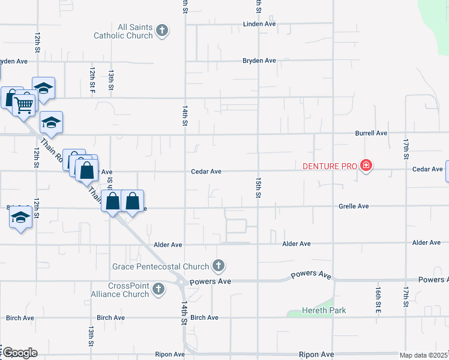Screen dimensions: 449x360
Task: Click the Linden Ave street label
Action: (x=259, y=24)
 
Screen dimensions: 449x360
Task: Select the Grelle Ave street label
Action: (x=354, y=206)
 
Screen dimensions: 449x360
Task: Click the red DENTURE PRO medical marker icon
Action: (x=366, y=166)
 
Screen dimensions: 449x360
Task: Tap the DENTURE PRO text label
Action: (x=330, y=166)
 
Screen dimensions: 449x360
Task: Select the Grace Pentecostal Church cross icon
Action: (x=218, y=266)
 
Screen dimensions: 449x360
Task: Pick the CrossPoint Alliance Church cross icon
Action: (x=158, y=290)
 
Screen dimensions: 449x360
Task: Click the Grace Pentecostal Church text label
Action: (x=161, y=266)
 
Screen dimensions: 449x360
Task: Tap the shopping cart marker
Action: (x=24, y=104)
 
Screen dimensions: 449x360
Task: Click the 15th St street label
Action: (x=259, y=187)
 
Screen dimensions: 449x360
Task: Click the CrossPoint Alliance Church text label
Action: (x=128, y=290)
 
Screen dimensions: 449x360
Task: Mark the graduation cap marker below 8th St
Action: (x=21, y=218)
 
